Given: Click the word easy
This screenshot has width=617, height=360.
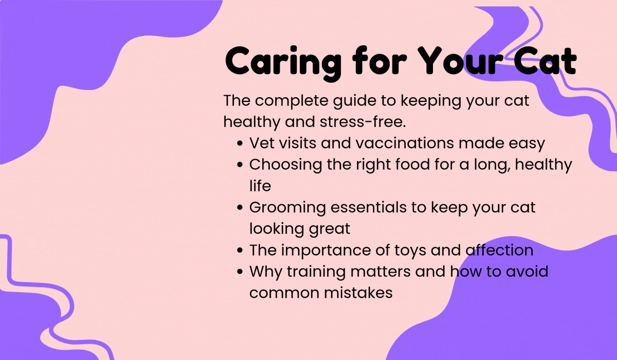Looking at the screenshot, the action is (x=527, y=145).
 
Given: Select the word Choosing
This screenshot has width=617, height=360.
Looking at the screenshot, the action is (x=286, y=165).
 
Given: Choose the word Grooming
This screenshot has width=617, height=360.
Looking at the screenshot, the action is (x=287, y=208).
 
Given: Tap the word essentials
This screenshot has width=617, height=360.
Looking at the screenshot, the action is (x=369, y=207).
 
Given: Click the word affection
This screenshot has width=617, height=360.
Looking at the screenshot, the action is (x=500, y=250).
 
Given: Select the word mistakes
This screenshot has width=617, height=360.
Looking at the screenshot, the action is (x=358, y=293).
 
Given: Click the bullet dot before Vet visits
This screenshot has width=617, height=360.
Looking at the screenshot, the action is (x=240, y=143).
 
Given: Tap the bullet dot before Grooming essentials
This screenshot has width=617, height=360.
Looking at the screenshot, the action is (x=240, y=208).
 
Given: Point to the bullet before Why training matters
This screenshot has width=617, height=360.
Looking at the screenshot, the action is (x=240, y=272).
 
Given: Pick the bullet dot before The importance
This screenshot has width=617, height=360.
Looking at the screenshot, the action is (x=240, y=250).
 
